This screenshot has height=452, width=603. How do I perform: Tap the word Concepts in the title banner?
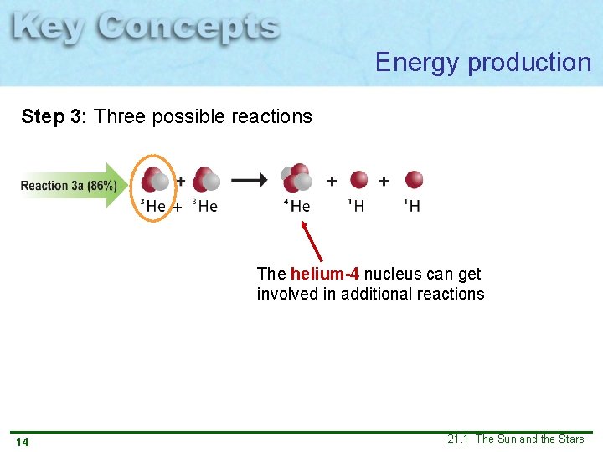[x=188, y=28]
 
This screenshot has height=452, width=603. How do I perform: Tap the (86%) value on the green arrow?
[x=101, y=185]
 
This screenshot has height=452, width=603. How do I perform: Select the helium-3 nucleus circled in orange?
[x=153, y=180]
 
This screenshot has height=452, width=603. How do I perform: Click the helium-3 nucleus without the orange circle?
[x=206, y=180]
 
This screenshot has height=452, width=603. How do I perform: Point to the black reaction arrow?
[x=250, y=179]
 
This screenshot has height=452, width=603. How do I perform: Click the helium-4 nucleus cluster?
[x=296, y=177]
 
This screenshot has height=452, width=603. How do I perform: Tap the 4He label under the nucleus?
[x=297, y=206]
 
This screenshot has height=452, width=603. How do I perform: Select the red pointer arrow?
[x=312, y=239]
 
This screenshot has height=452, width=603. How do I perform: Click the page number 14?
[x=22, y=441]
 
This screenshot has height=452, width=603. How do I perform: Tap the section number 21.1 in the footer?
[x=458, y=439]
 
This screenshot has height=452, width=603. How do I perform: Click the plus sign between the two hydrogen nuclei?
[x=384, y=180]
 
